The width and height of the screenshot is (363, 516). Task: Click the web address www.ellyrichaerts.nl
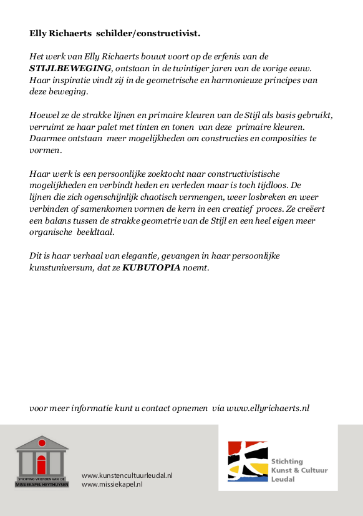pyautogui.click(x=268, y=408)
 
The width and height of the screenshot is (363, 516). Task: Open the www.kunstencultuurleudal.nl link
pyautogui.click(x=127, y=475)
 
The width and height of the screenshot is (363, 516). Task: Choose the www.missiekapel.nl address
pyautogui.click(x=112, y=484)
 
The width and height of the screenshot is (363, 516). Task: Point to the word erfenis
pyautogui.click(x=221, y=56)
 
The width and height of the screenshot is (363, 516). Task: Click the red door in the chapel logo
pyautogui.click(x=42, y=465)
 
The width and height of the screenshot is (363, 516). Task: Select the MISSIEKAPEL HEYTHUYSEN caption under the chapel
pyautogui.click(x=42, y=484)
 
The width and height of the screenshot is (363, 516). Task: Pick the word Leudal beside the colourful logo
pyautogui.click(x=283, y=479)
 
